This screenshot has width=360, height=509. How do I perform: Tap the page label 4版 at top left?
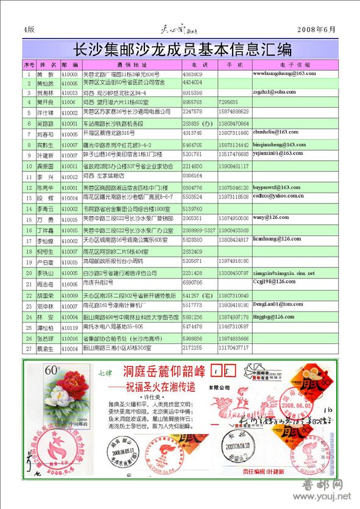point(29,29)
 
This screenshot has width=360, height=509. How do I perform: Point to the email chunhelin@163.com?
point(275,132)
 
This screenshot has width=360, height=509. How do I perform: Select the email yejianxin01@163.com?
point(278,153)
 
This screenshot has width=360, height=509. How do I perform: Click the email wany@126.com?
point(266,216)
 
